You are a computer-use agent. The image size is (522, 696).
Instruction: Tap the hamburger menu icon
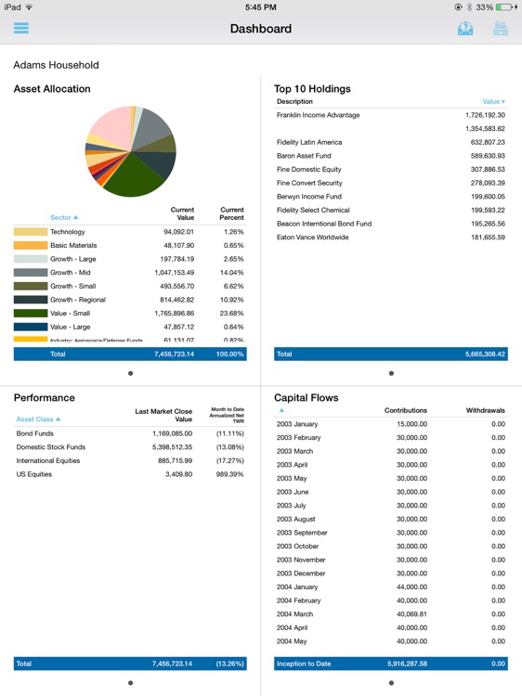click(21, 28)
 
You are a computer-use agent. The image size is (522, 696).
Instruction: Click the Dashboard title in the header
click(261, 29)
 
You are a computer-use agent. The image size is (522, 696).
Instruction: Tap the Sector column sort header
click(63, 217)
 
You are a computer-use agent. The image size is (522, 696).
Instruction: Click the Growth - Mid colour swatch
click(30, 273)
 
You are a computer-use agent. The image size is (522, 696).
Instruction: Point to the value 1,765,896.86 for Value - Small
click(175, 314)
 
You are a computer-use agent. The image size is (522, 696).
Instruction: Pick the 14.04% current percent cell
click(232, 273)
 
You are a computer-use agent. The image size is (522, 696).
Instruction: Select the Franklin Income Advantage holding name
click(318, 115)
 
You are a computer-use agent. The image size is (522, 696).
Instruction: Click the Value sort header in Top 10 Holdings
click(493, 101)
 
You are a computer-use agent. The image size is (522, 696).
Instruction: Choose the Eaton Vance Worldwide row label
click(312, 238)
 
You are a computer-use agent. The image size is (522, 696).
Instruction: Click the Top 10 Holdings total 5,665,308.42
click(481, 354)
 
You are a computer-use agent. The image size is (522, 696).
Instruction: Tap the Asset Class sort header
click(39, 419)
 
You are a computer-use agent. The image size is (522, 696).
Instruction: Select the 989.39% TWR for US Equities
click(230, 474)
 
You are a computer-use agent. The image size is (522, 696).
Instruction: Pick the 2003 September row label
click(302, 533)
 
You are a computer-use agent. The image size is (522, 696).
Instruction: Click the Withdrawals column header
click(485, 409)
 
